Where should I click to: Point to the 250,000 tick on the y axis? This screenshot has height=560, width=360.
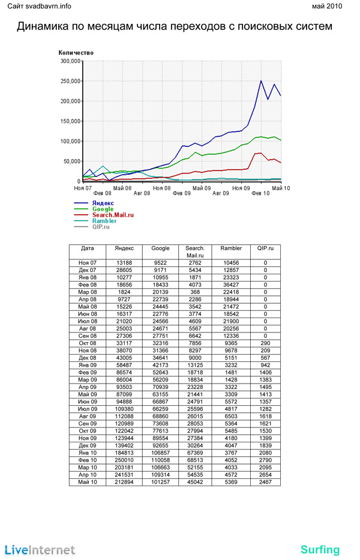[x=71, y=81]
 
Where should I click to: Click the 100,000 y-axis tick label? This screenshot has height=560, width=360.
[x=71, y=141]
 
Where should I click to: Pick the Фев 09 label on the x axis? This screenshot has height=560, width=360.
[x=182, y=193]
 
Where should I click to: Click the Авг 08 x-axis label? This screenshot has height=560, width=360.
[x=142, y=193]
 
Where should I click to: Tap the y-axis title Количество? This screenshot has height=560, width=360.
[x=76, y=52]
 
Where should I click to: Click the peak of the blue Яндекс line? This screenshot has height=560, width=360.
[x=261, y=80]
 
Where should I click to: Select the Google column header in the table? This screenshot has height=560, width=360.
[x=160, y=248]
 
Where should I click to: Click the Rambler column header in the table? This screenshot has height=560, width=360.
[x=231, y=248]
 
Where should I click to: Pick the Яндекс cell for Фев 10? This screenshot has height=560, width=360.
[x=124, y=460]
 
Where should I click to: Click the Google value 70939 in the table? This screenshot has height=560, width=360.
[x=160, y=387]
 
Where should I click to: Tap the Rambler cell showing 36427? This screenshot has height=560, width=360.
[x=231, y=285]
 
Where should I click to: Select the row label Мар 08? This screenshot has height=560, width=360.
[x=88, y=292]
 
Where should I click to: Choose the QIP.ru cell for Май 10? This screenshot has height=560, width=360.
[x=265, y=482]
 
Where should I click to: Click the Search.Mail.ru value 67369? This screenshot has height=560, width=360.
[x=195, y=453]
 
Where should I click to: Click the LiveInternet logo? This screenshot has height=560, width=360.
[x=40, y=550]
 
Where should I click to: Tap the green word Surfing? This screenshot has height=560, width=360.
[x=320, y=550]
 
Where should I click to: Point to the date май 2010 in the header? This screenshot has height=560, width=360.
[x=327, y=6]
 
